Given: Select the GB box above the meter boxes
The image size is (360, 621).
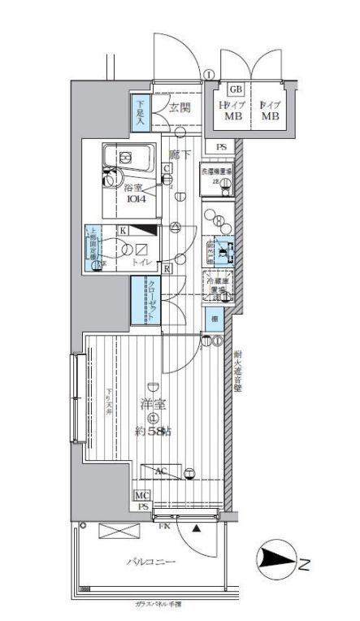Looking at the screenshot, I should click(236, 89).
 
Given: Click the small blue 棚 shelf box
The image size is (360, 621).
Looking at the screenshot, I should click(214, 319).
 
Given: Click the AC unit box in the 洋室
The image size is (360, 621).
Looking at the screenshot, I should click(162, 471).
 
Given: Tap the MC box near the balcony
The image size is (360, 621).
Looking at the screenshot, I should click(142, 495).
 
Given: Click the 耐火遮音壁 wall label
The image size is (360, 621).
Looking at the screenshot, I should click(237, 371).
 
